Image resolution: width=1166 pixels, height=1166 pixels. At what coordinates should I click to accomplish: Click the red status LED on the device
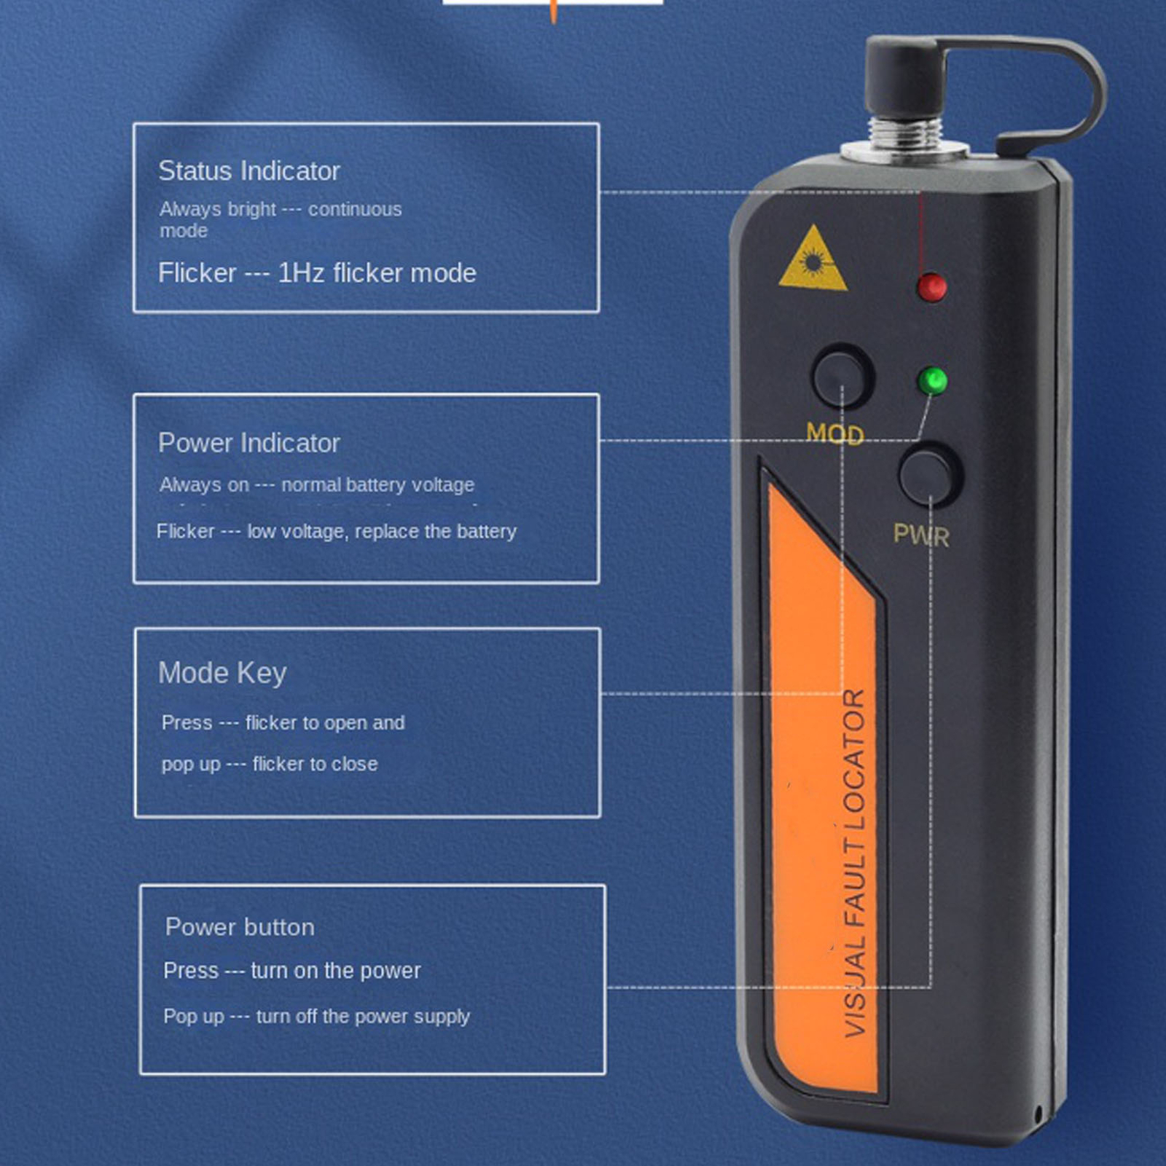tap(932, 287)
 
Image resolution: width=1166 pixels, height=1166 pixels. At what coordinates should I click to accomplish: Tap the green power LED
tap(933, 380)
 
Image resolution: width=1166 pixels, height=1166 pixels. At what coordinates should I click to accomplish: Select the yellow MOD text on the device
tap(835, 434)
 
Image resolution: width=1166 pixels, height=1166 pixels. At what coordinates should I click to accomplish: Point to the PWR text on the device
tap(921, 536)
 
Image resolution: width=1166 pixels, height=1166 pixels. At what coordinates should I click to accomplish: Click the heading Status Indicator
tap(249, 171)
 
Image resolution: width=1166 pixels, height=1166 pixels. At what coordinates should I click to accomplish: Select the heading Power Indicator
tap(249, 443)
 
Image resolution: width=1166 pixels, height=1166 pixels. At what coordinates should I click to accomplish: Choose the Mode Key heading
tap(222, 673)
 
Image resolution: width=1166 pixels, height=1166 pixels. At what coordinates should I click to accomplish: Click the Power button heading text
tap(240, 927)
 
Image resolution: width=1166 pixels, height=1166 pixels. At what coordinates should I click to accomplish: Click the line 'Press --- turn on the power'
tap(292, 971)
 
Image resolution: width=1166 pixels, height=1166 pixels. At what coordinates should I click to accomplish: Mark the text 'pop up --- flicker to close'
tap(270, 764)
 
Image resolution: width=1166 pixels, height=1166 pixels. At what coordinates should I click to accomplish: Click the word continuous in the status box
tap(355, 210)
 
